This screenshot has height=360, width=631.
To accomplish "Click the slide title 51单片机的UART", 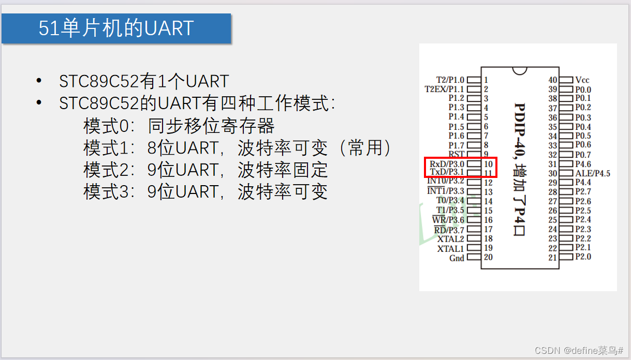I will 116,28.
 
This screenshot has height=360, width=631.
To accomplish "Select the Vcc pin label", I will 582,80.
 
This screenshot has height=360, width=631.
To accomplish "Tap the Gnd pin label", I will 457,258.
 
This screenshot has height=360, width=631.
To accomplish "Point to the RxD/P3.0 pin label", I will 447,163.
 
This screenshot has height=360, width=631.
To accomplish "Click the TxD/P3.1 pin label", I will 447,172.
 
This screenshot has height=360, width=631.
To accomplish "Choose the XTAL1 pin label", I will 450,248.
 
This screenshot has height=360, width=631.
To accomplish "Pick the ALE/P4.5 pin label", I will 593,173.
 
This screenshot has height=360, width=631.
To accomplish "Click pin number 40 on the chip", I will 553,80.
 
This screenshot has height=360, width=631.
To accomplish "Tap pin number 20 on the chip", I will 488,258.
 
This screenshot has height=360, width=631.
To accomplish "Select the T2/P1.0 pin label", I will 450,80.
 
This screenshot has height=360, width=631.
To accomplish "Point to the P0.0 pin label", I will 583,89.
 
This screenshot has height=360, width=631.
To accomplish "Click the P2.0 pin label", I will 583,257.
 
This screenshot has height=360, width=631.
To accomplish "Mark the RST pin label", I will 457,154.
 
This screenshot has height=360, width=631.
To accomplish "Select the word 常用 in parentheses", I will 365,148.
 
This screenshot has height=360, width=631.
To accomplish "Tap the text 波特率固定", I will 283,170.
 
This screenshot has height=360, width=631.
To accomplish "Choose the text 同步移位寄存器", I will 211,126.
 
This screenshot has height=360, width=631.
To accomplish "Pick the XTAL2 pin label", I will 450,239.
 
